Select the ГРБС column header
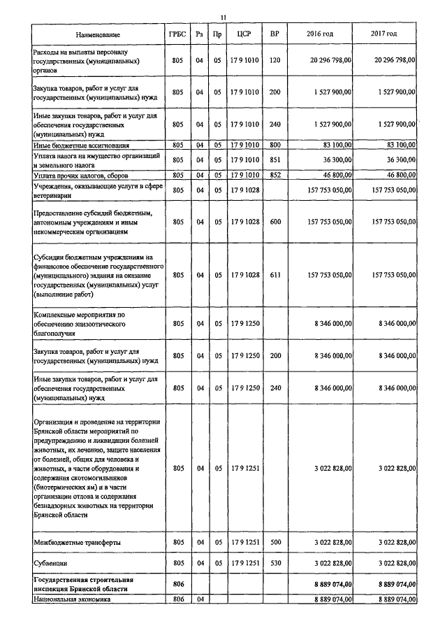[177, 34]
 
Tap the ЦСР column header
[244, 34]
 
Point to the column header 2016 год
[320, 34]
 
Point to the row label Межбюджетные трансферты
[71, 542]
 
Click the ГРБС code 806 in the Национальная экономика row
[177, 599]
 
